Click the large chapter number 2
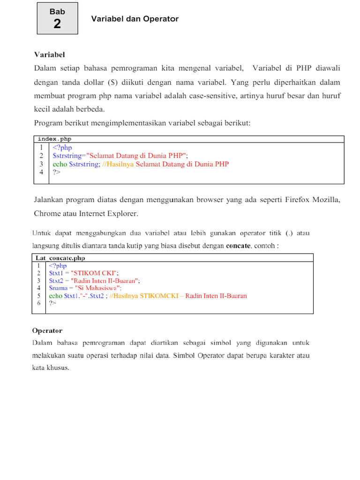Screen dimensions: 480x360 point(57,24)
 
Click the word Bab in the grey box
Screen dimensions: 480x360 point(57,12)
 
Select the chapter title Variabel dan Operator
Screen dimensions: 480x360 point(135,19)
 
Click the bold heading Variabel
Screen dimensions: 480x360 point(49,55)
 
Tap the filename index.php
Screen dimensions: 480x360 point(54,139)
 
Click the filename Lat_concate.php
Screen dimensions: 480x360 point(60,258)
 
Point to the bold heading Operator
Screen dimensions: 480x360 point(47,330)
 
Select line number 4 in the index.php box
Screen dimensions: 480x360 point(42,172)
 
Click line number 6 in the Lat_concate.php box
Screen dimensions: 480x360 point(39,303)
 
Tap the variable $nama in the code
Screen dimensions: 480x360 point(59,288)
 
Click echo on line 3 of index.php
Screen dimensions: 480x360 point(60,164)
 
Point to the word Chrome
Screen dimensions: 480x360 point(47,213)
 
